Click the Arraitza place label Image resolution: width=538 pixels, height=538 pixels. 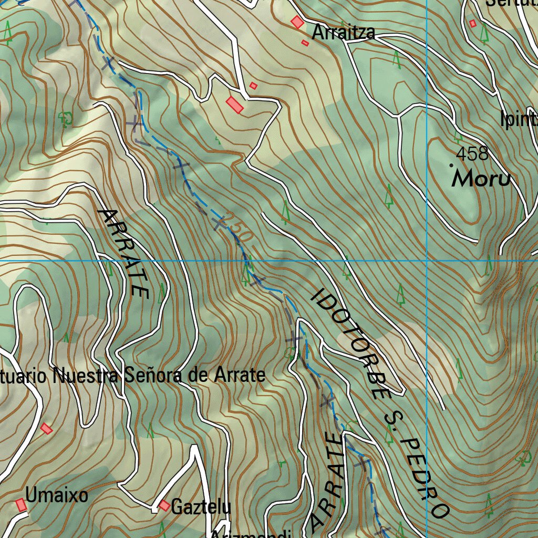click(x=344, y=33)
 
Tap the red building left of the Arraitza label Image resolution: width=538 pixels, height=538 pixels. click(x=297, y=22)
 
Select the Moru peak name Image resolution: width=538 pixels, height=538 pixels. click(x=481, y=179)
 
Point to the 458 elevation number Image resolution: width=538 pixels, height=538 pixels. click(x=472, y=154)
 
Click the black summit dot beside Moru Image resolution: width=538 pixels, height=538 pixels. click(x=451, y=165)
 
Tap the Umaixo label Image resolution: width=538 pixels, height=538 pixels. click(x=57, y=496)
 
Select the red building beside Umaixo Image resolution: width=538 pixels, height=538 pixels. click(x=21, y=505)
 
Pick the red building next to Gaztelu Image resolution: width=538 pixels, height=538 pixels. click(x=164, y=505)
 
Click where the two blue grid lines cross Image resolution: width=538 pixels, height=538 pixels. click(x=427, y=261)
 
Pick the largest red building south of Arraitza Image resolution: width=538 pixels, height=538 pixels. click(x=235, y=105)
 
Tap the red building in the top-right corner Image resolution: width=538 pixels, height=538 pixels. click(x=472, y=23)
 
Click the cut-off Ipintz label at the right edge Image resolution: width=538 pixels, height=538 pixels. click(x=519, y=120)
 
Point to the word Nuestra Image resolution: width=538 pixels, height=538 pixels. click(x=87, y=376)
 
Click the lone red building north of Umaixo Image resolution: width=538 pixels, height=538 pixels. click(x=47, y=429)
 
